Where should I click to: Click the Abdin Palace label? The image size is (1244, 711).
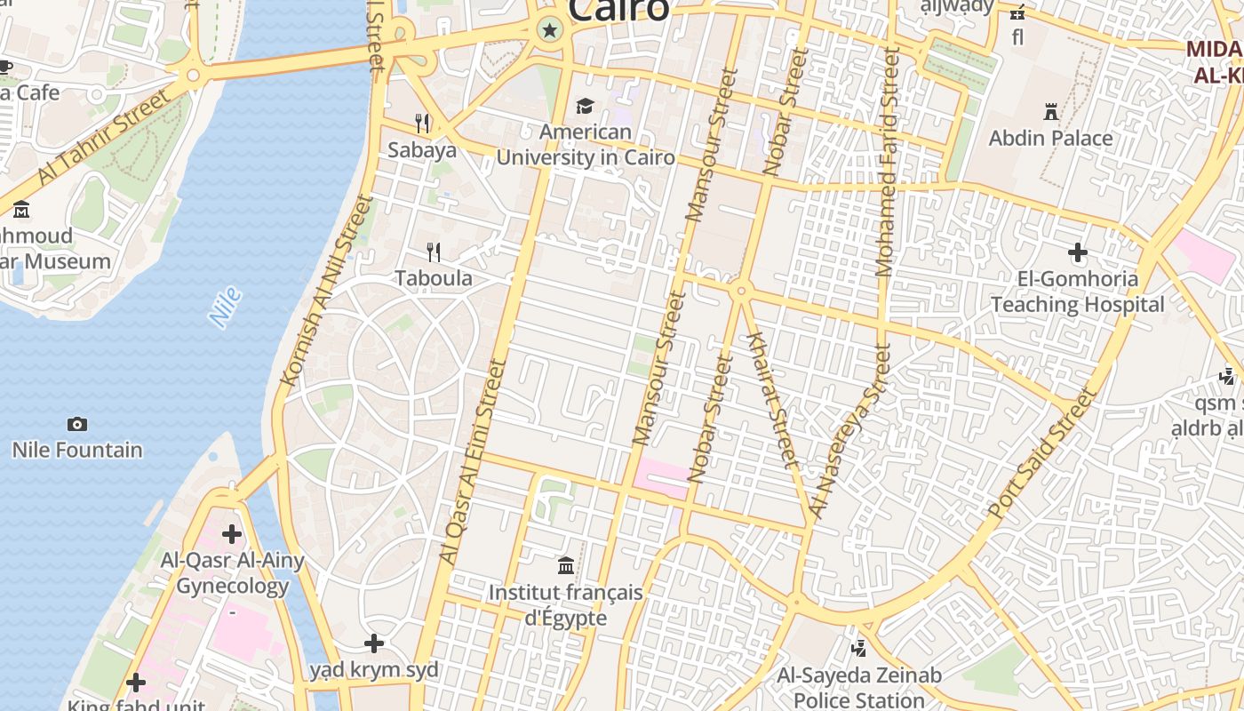tap(1050, 139)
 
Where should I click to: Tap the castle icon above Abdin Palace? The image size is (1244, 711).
tap(1051, 112)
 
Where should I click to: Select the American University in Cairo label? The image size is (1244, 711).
tap(586, 145)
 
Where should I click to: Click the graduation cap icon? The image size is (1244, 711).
tap(585, 107)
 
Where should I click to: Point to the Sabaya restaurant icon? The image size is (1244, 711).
tap(422, 123)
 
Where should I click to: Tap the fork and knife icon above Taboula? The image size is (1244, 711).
tap(434, 252)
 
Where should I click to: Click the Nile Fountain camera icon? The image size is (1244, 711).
tap(77, 424)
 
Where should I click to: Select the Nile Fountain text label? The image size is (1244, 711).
tap(77, 450)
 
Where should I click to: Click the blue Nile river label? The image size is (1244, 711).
tap(225, 307)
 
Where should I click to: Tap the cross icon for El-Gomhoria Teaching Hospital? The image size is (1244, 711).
tap(1078, 253)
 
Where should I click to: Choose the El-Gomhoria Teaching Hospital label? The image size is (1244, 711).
tap(1077, 292)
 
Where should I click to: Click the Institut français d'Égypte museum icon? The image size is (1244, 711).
tap(566, 565)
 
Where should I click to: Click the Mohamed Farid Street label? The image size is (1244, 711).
tap(888, 162)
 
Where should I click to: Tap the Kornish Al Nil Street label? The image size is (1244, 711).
tap(324, 290)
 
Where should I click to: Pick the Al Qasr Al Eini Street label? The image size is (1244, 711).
tap(473, 460)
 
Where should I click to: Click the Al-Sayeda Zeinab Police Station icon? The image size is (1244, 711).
tap(858, 649)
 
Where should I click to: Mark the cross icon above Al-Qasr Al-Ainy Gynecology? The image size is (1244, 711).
tap(232, 534)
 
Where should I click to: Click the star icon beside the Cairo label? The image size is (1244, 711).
tap(550, 31)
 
